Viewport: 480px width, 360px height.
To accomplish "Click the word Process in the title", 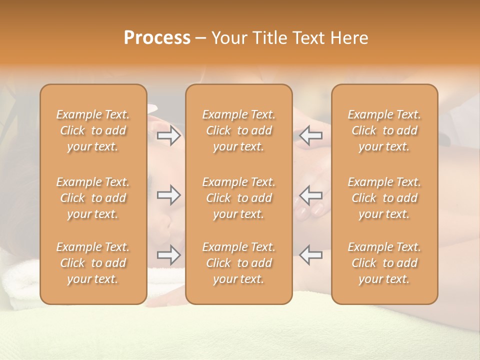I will [x=157, y=37].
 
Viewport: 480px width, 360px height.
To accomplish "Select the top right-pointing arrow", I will [x=168, y=135].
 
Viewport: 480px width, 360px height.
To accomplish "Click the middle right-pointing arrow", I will [x=168, y=195].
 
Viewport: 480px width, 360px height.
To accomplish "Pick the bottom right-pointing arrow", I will [x=168, y=254].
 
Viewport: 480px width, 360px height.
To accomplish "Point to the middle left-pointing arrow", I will [x=310, y=195].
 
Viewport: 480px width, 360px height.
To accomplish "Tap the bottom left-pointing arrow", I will [x=310, y=254].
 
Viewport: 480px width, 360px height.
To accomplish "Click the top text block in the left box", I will [x=93, y=130].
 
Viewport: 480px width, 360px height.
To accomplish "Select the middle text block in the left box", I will [x=93, y=198].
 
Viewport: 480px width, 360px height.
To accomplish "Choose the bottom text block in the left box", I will [x=93, y=263].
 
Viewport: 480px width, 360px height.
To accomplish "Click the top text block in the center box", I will [x=239, y=130].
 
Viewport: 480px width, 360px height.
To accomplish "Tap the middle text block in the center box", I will [x=239, y=198].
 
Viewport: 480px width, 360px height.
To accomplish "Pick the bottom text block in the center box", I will [x=239, y=263].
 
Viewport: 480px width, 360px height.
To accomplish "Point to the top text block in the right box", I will [x=384, y=130].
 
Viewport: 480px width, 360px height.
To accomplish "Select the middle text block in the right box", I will [x=384, y=198].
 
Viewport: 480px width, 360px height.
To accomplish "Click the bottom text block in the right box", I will [x=384, y=263].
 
